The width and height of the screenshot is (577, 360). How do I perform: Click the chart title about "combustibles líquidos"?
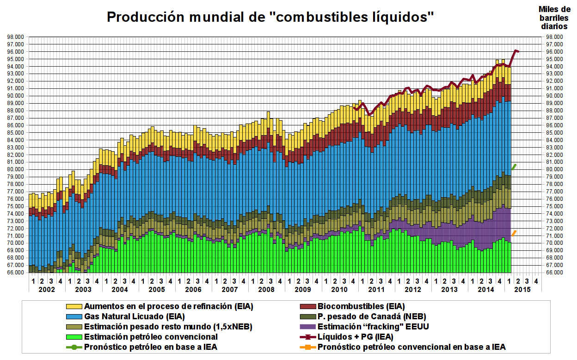coord(270,17)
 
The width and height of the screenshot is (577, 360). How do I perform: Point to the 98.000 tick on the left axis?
coord(17,37)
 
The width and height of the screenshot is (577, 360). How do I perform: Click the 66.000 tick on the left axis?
coord(17,273)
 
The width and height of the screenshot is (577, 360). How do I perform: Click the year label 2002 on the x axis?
coord(46,290)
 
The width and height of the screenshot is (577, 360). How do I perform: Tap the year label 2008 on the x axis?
coord(266,290)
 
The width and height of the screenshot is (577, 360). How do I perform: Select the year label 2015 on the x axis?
coord(522,290)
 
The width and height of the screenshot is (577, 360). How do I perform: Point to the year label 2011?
coord(376,290)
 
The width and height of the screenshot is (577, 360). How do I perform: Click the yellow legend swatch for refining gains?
coord(74,306)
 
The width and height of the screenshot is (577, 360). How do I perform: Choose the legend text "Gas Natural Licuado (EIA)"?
coord(135,317)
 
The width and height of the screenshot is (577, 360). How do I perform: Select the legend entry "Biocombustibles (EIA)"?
coord(361,306)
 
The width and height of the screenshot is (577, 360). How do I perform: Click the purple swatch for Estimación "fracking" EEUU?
coord(307,327)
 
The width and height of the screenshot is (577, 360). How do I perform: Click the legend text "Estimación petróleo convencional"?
coord(151,337)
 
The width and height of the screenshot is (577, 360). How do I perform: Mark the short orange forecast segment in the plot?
coord(514,233)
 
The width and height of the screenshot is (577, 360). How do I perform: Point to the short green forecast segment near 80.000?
coord(514,167)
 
